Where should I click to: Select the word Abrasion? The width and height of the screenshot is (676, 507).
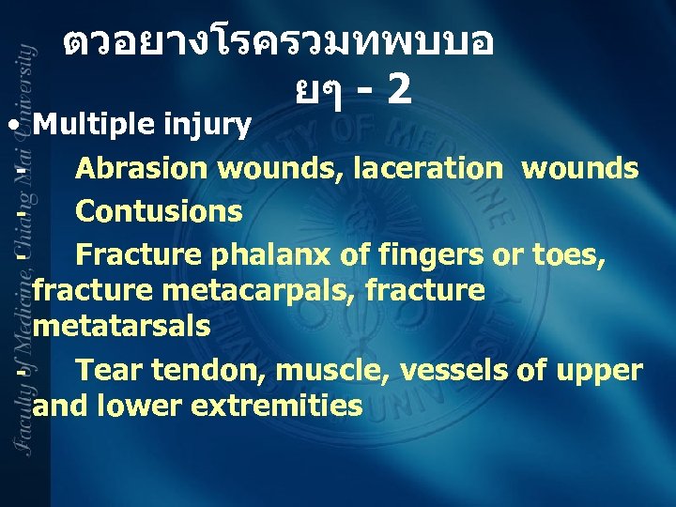142,169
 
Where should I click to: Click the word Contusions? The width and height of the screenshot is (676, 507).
159,211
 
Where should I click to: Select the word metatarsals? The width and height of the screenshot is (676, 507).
121,328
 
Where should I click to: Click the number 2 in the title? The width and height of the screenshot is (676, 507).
398,89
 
